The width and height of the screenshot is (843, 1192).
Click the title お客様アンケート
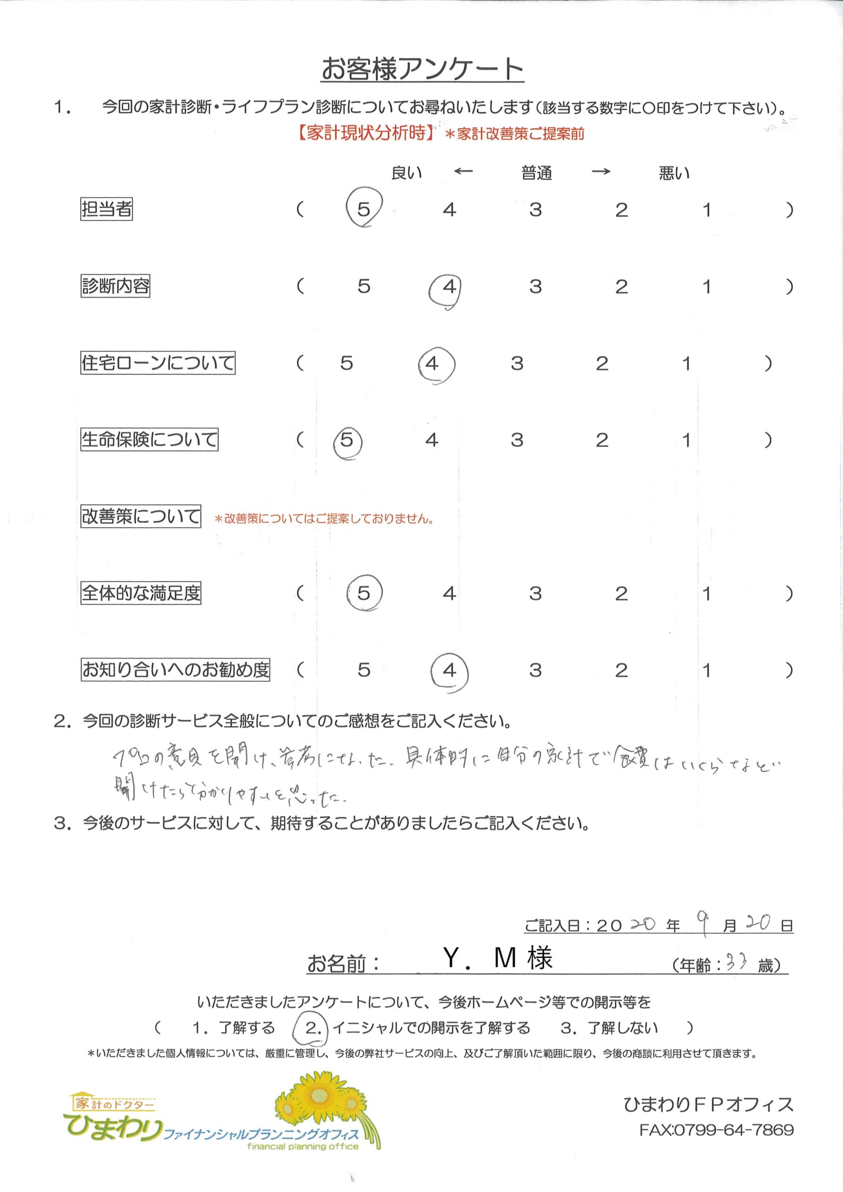tap(422, 68)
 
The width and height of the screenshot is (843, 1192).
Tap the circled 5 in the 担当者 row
tap(364, 209)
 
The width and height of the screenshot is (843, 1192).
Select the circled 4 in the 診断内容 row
tap(449, 286)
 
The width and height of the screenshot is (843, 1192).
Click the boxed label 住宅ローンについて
tap(157, 362)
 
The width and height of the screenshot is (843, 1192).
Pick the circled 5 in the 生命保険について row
tap(347, 440)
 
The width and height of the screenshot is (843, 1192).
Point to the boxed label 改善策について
tap(140, 516)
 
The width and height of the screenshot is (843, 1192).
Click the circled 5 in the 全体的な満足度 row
tap(364, 593)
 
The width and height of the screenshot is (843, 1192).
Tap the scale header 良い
tap(406, 172)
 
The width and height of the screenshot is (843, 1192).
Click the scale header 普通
tap(536, 173)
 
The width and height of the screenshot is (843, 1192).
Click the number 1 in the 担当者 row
tap(707, 210)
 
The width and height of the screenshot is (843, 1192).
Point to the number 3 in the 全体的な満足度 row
tap(536, 593)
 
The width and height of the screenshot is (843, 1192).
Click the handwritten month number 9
tap(703, 925)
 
